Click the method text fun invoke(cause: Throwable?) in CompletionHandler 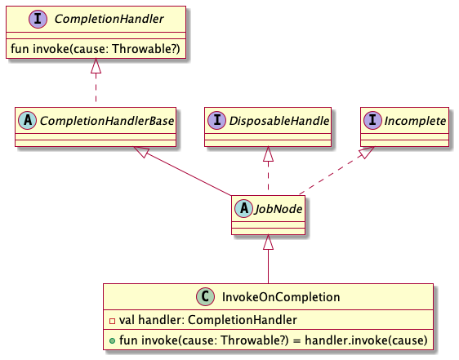pos(96,48)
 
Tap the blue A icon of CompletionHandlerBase pos(28,121)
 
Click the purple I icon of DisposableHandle pos(217,121)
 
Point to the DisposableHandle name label pos(277,121)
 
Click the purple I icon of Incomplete pos(374,121)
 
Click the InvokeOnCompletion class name pos(282,297)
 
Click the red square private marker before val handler pos(111,319)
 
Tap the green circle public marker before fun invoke pos(111,339)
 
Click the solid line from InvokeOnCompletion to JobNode pos(268,265)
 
